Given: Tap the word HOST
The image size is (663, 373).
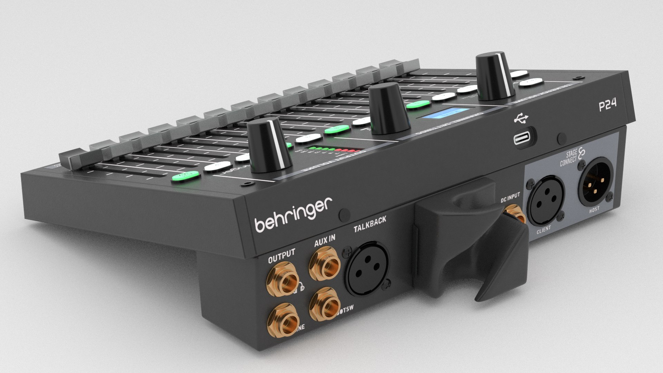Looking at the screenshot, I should [595, 209].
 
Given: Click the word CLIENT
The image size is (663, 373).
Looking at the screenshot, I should [544, 230].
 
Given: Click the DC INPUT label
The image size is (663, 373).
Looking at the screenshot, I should [510, 198].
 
